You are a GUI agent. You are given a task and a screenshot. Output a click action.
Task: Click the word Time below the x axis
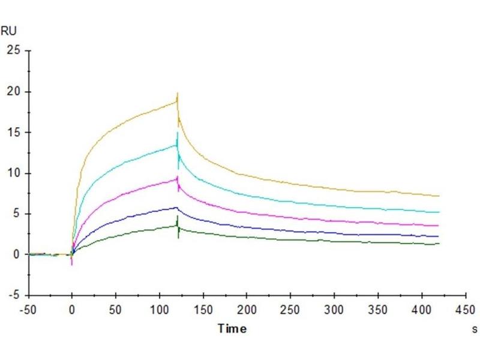click(232, 328)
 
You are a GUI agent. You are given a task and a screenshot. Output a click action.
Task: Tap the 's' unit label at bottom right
click(475, 329)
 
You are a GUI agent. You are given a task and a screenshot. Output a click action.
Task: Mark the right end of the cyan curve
click(439, 212)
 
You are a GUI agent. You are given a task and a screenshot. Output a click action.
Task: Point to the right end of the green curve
click(439, 244)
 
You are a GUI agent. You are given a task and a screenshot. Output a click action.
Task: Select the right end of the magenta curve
click(439, 226)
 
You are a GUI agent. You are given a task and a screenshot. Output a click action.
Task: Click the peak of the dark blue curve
click(176, 208)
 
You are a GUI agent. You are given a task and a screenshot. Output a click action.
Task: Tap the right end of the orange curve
click(439, 196)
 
